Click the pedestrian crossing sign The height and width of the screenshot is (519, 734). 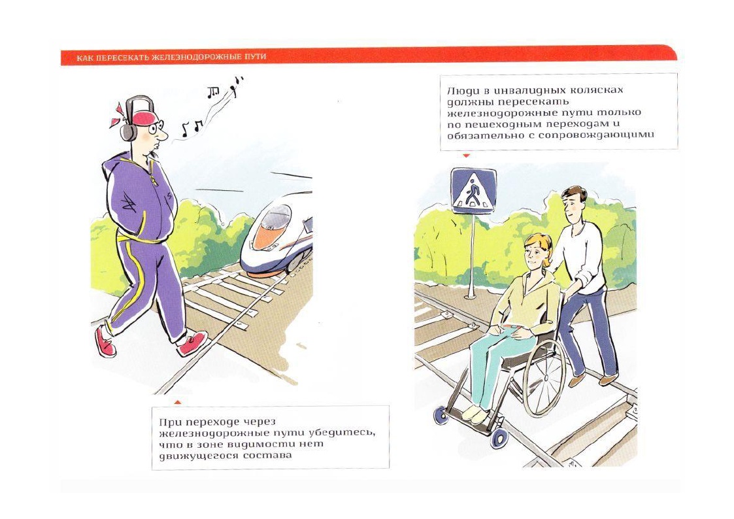(473, 191)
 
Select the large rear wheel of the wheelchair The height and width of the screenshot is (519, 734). (544, 377)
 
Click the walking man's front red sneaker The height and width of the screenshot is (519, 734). (192, 344)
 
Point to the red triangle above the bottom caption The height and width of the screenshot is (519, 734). (177, 401)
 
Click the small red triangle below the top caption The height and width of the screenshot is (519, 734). (466, 156)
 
